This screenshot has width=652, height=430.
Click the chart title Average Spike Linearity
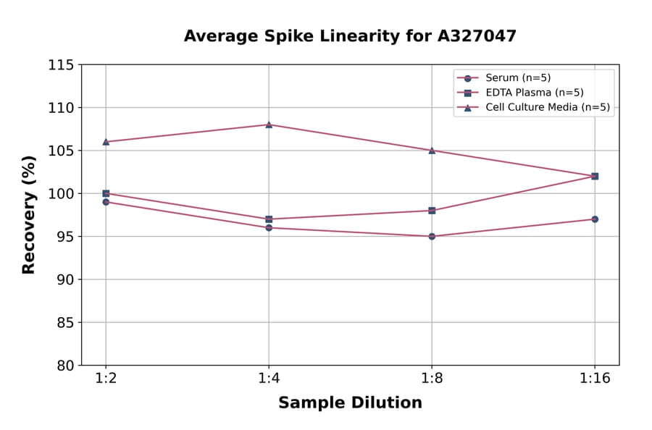click(x=350, y=36)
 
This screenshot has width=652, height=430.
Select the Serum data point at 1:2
click(x=106, y=202)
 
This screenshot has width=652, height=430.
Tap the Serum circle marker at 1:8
click(x=432, y=236)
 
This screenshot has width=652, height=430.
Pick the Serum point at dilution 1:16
click(x=595, y=219)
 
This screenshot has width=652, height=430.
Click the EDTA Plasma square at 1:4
click(x=269, y=219)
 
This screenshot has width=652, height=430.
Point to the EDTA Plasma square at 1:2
click(x=106, y=193)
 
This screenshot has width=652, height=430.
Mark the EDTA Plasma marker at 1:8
click(x=432, y=211)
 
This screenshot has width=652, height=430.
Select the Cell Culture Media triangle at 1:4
click(x=269, y=125)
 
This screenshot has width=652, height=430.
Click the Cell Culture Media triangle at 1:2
click(x=106, y=142)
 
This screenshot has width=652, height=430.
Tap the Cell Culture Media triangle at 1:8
click(x=432, y=151)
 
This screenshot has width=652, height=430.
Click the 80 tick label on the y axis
click(x=65, y=366)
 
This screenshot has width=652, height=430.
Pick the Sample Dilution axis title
click(x=350, y=403)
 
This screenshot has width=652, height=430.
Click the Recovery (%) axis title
click(x=29, y=215)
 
